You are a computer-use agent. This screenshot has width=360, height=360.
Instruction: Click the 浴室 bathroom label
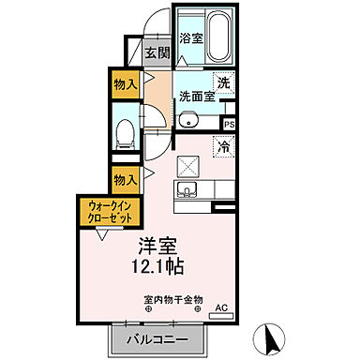click(x=191, y=40)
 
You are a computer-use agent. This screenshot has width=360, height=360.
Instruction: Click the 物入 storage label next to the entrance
click(x=125, y=82)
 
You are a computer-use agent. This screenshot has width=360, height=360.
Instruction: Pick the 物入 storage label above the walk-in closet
click(x=125, y=176)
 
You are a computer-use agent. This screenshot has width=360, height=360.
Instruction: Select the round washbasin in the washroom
click(x=187, y=119)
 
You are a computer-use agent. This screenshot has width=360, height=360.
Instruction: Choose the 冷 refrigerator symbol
click(x=224, y=145)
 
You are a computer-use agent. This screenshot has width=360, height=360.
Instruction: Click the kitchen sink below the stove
click(x=187, y=191)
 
